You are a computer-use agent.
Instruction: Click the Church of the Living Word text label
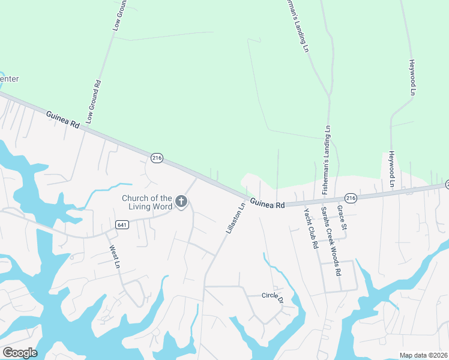click(x=147, y=202)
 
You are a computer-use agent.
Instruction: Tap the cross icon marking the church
click(x=181, y=203)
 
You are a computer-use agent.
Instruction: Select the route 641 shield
click(x=122, y=224)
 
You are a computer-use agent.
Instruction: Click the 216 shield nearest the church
click(x=157, y=158)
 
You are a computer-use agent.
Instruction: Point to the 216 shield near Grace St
click(x=351, y=197)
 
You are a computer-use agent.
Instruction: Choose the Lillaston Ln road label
click(x=234, y=217)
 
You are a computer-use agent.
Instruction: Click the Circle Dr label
click(x=272, y=296)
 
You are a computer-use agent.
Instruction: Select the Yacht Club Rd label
click(x=310, y=229)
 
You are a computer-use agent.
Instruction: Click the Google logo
click(x=20, y=352)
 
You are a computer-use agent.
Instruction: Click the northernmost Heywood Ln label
click(x=412, y=77)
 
